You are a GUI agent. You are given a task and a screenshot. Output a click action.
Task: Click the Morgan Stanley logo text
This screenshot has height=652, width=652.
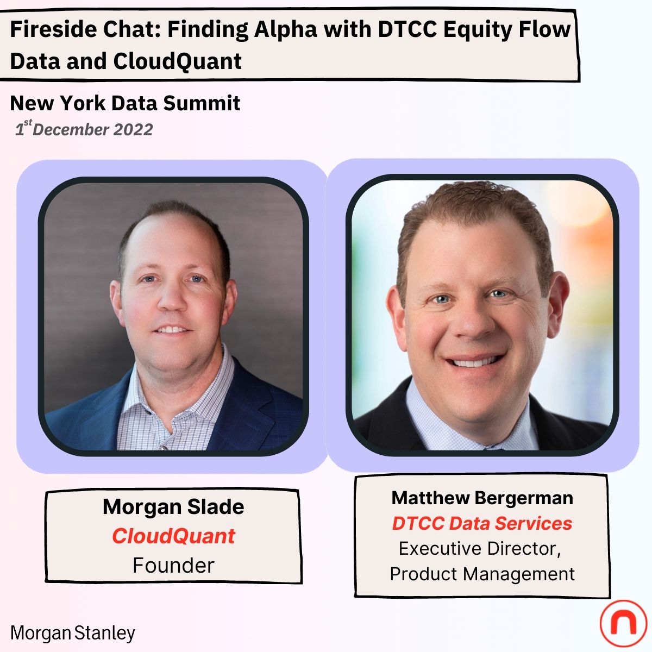tap(73, 633)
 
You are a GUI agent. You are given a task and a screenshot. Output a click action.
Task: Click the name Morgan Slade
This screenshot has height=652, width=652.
tap(173, 507)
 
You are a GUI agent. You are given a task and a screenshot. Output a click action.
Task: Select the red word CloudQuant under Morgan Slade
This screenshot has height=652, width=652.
tap(173, 536)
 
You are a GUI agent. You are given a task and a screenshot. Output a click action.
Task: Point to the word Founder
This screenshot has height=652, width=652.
tap(173, 566)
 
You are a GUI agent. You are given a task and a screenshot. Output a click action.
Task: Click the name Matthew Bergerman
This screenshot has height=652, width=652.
tap(482, 498)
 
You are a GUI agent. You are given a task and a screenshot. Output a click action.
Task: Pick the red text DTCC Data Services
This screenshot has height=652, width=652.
tap(482, 523)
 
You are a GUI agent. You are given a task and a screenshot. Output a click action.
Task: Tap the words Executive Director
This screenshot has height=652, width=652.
tap(479, 549)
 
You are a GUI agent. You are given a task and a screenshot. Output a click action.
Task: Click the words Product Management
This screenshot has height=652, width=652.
tap(482, 574)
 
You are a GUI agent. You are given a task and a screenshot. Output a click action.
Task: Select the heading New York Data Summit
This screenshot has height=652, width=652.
tap(125, 103)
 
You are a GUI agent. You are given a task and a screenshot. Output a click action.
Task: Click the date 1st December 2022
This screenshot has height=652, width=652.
tap(84, 129)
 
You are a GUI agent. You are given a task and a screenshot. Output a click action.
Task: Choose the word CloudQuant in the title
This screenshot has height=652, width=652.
tap(177, 61)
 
